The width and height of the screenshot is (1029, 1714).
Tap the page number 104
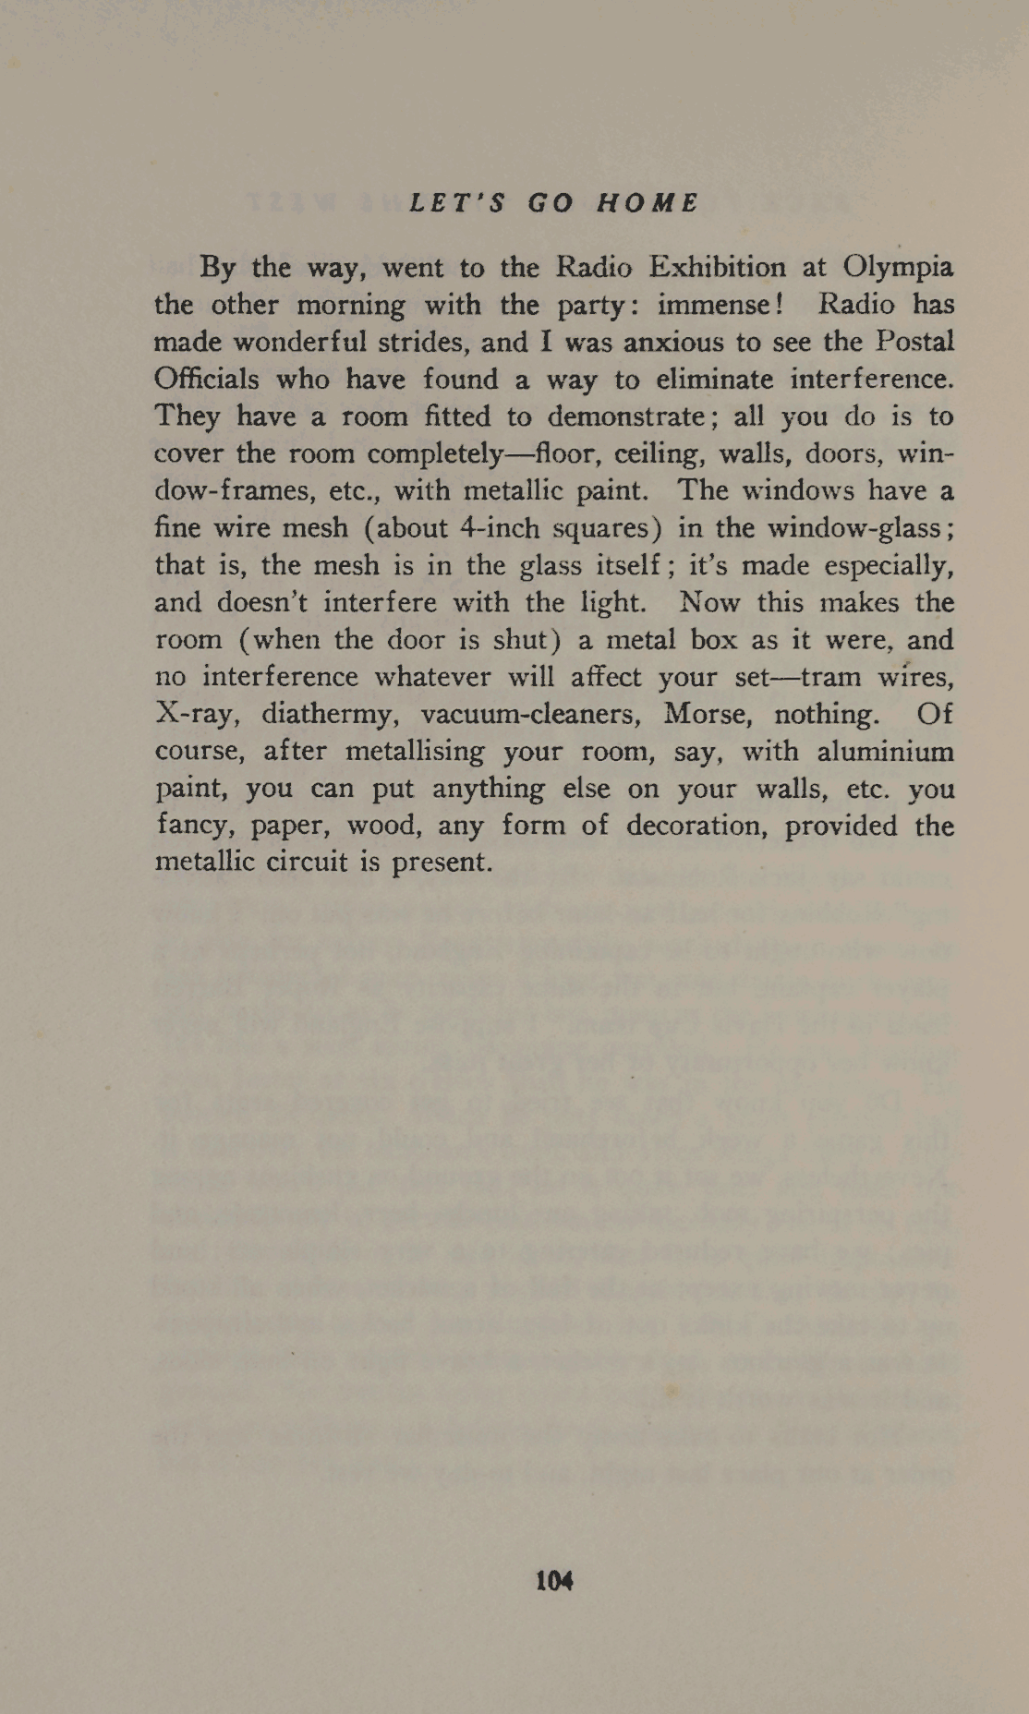click(554, 1580)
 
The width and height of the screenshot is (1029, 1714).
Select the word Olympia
click(898, 268)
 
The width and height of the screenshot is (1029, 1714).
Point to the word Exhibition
click(718, 267)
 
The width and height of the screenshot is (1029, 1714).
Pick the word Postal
click(914, 342)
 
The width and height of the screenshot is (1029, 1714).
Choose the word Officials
click(206, 380)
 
